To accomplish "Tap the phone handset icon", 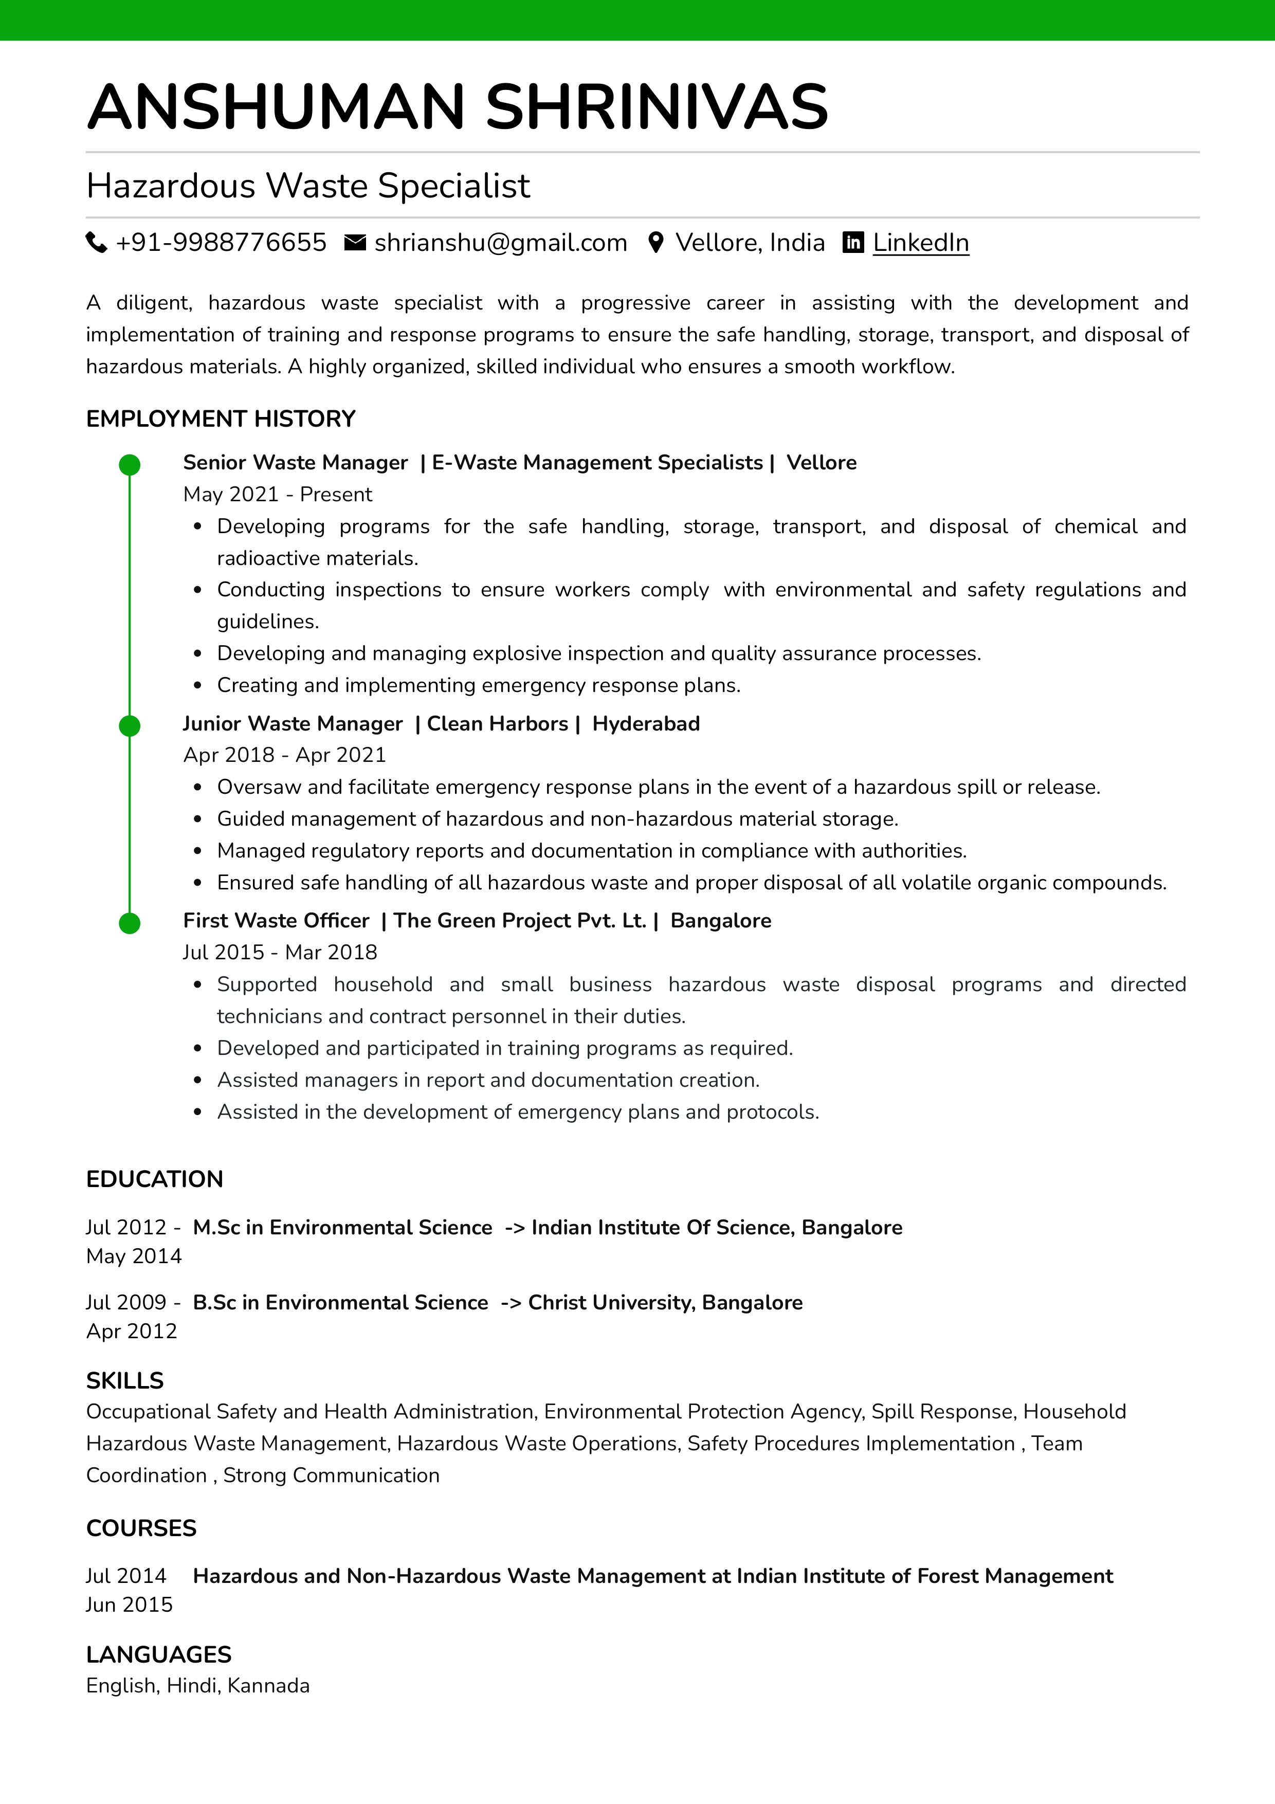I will pos(96,243).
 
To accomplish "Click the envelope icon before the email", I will pos(355,243).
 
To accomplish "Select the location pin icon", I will pos(656,243).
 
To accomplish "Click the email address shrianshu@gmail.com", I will pos(500,243).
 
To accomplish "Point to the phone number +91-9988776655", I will pos(221,243).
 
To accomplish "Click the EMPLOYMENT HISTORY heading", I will pos(221,419).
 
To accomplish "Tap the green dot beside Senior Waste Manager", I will pos(130,465).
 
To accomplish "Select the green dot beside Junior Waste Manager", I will pos(130,726).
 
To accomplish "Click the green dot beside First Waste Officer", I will pos(130,923).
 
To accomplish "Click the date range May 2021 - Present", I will pos(277,494).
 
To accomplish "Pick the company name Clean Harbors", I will pos(497,724).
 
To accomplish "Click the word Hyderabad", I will pos(646,724).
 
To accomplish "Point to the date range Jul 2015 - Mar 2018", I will pos(280,952).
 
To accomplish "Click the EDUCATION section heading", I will pos(155,1179).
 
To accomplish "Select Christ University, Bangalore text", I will pos(665,1303).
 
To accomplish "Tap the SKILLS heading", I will pos(125,1380).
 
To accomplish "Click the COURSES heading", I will pos(141,1528).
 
